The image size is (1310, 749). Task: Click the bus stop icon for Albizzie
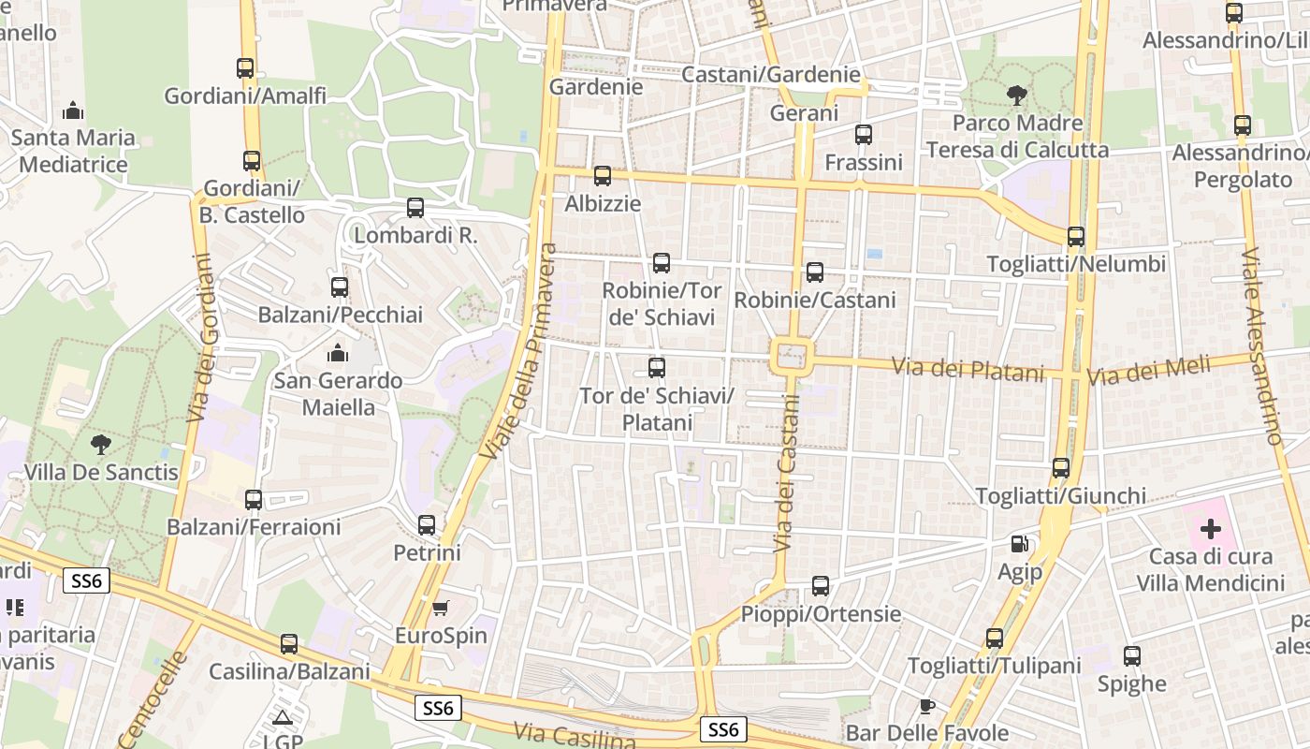tap(603, 176)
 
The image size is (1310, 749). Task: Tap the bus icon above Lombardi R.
tap(415, 208)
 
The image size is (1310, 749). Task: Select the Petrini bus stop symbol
tap(427, 525)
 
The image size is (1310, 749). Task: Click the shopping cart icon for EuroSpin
tap(440, 608)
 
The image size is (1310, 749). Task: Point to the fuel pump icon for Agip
tap(1019, 543)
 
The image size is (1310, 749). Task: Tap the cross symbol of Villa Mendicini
tap(1211, 529)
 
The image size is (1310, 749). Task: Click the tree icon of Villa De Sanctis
tap(100, 444)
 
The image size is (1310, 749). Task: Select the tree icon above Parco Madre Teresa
tap(1016, 95)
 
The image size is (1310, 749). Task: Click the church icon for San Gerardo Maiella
tap(337, 353)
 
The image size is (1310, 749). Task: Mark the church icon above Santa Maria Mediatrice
tap(73, 110)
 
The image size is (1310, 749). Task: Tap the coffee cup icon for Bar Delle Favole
tap(926, 705)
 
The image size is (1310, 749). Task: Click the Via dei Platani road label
tap(968, 369)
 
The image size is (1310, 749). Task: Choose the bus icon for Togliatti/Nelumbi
tap(1076, 237)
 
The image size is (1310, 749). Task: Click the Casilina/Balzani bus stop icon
tap(289, 644)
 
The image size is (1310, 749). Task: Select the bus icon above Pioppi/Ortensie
tap(821, 586)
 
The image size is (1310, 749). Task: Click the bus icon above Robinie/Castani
tap(815, 272)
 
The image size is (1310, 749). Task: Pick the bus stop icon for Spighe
tap(1132, 656)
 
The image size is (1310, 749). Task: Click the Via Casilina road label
tap(575, 737)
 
